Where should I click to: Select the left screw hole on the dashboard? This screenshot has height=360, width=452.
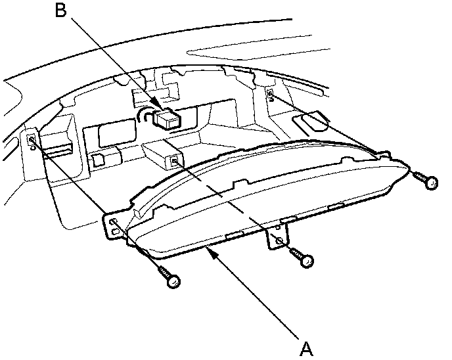[x=32, y=140]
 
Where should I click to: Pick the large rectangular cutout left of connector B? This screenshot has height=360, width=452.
[x=116, y=135]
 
